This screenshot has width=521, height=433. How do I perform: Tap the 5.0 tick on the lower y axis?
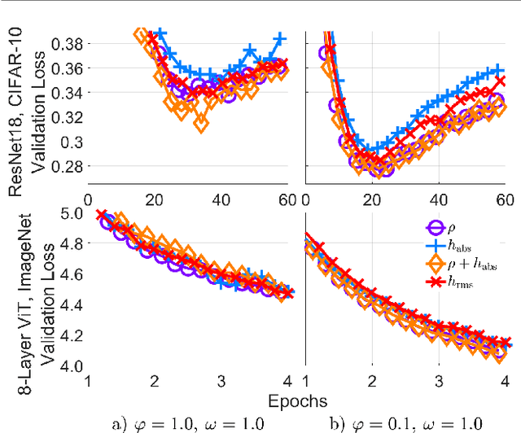(x=73, y=214)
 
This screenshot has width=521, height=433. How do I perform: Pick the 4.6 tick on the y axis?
(x=73, y=272)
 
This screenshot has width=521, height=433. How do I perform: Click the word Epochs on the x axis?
(x=299, y=400)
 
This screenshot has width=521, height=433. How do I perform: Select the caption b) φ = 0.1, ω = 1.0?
(x=407, y=422)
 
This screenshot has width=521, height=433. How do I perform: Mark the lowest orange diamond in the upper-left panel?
(x=199, y=124)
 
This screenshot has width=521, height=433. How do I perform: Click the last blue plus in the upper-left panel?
(x=280, y=38)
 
